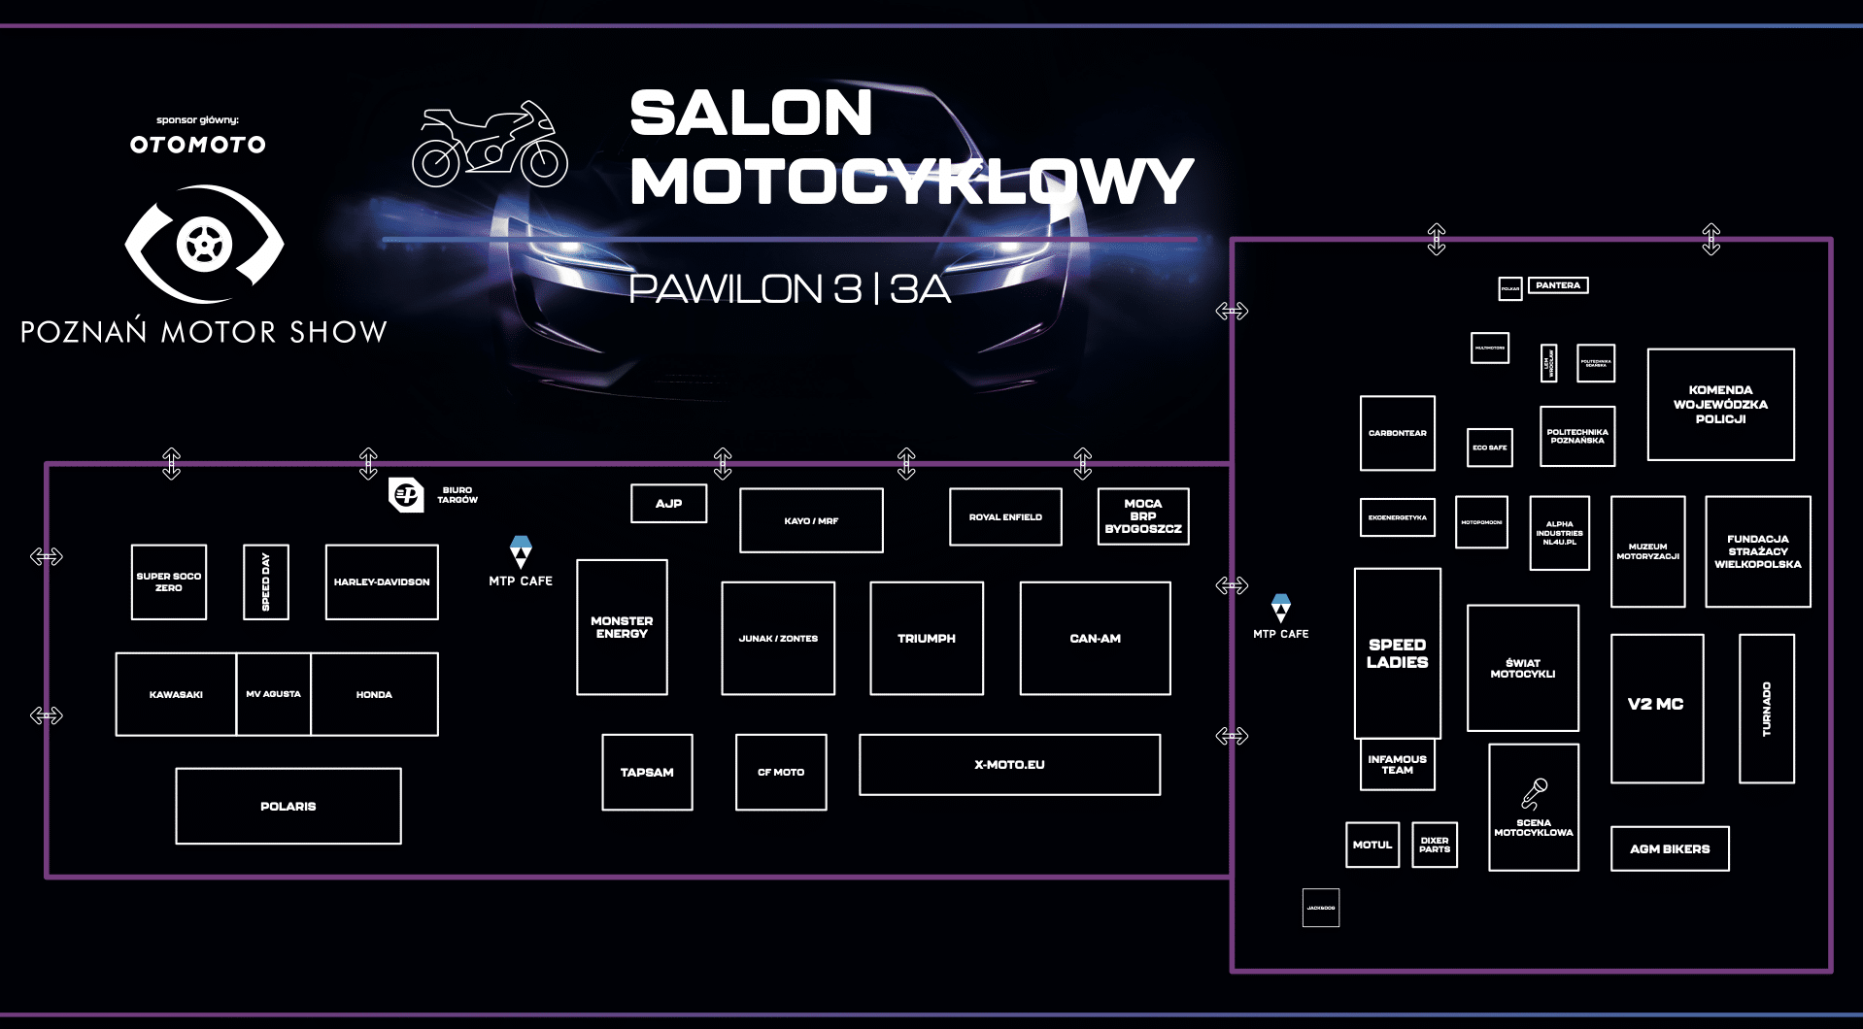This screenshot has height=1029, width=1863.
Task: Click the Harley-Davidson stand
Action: [x=382, y=581]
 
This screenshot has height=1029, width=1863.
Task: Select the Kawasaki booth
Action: [x=176, y=694]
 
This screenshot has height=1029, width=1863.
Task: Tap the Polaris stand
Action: [x=288, y=806]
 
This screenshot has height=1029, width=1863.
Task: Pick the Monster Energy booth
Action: [x=622, y=627]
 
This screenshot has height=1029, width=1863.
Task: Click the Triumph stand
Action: [x=927, y=638]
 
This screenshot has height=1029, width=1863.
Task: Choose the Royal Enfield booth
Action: [x=1005, y=516]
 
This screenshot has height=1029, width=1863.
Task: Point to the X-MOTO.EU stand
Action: [x=1009, y=764]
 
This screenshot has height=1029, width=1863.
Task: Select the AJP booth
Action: [x=668, y=503]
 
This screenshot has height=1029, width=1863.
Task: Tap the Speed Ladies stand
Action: [x=1397, y=653]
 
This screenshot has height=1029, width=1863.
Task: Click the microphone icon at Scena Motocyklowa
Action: [x=1534, y=794]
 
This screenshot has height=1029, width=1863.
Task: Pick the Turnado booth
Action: [x=1766, y=709]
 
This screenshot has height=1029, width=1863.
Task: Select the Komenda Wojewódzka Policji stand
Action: [x=1720, y=404]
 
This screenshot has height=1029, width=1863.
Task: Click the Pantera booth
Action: [x=1558, y=285]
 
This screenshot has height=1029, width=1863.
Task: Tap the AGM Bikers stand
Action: [x=1670, y=848]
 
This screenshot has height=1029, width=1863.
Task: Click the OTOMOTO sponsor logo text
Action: [x=198, y=145]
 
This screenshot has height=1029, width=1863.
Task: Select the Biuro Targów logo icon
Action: [x=406, y=494]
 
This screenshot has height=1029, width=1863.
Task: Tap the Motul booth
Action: [x=1372, y=845]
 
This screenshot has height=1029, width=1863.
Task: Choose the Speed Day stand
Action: [x=266, y=581]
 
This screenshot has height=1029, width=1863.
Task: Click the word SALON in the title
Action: [x=751, y=114]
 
